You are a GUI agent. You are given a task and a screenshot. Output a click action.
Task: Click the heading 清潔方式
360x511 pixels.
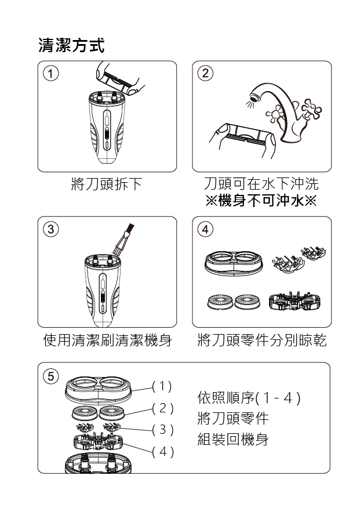72,45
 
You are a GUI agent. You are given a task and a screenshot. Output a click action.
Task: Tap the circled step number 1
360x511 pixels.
50,73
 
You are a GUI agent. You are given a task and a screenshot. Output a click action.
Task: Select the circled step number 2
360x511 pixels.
205,73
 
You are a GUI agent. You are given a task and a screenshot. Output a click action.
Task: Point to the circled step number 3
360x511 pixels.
50,229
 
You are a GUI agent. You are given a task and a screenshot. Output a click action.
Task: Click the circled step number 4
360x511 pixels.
205,229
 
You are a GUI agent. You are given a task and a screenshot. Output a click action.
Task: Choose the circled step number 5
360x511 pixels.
50,376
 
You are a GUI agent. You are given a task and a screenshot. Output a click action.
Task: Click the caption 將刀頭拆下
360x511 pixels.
107,184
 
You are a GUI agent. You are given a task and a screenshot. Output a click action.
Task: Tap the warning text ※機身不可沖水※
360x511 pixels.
261,200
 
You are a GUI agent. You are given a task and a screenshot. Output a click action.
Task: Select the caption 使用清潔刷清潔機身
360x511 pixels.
107,340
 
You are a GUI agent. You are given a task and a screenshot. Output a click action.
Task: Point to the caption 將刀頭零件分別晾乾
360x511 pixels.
262,340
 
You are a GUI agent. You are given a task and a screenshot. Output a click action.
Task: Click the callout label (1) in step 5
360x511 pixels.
162,386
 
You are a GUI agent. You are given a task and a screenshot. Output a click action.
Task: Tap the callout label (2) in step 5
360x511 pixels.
162,408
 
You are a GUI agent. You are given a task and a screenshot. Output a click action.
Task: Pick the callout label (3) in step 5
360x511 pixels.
162,430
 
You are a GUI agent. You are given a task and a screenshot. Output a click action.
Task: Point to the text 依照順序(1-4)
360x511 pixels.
249,397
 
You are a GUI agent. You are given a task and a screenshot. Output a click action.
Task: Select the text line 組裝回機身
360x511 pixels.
233,439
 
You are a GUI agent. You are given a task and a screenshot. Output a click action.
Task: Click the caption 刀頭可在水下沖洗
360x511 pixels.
261,184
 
